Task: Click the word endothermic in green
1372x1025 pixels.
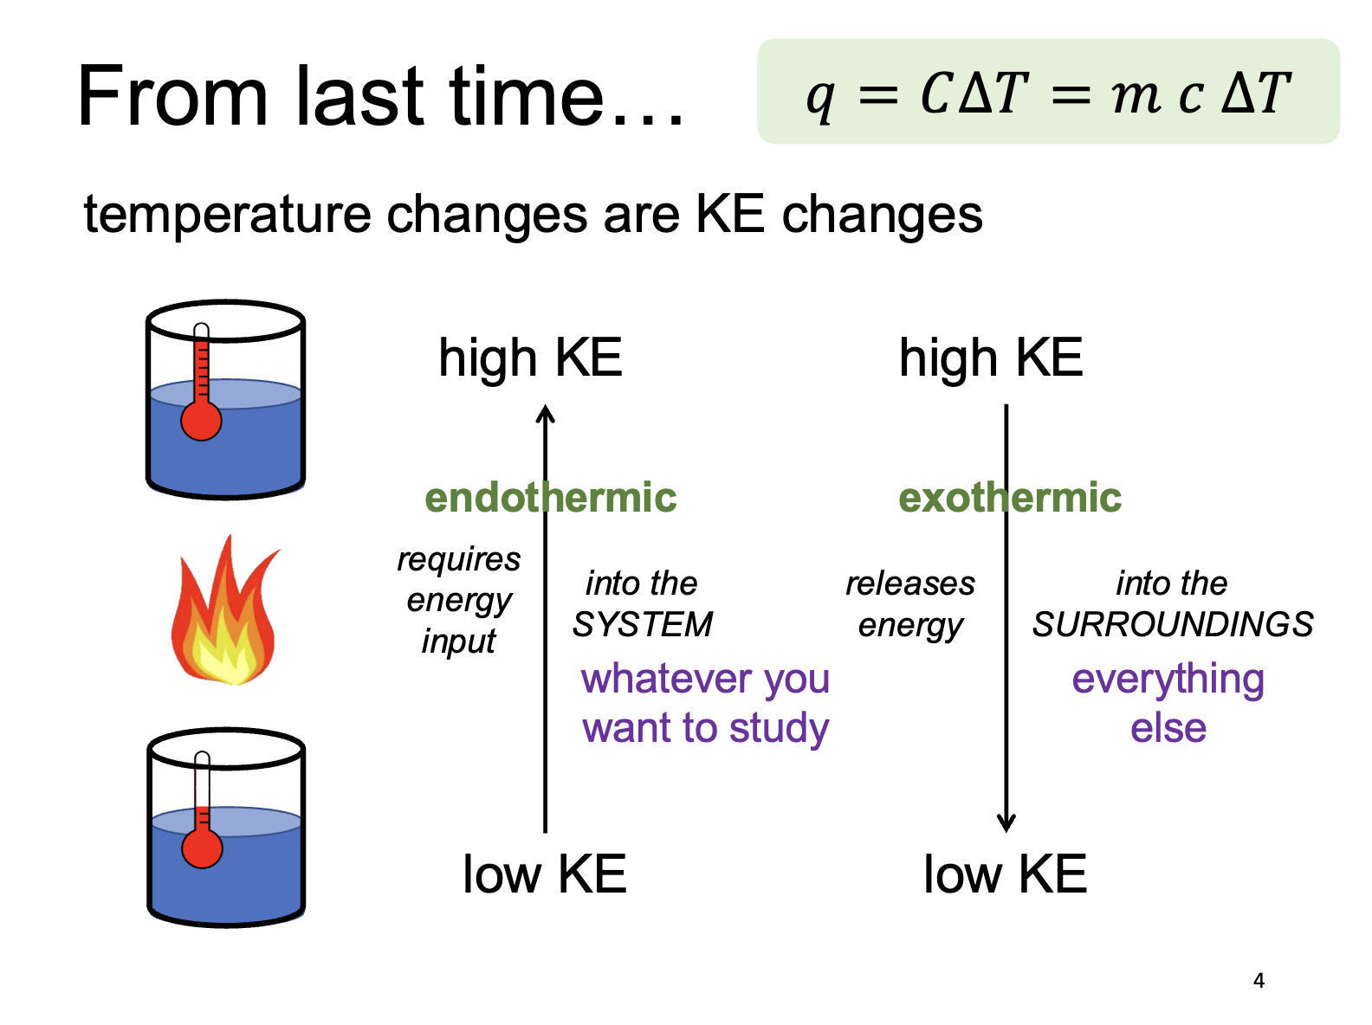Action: pyautogui.click(x=550, y=498)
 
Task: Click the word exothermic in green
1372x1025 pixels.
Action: pyautogui.click(x=1009, y=498)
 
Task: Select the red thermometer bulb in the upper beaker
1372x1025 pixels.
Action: pyautogui.click(x=201, y=422)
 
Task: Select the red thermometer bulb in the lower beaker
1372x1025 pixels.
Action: pyautogui.click(x=202, y=848)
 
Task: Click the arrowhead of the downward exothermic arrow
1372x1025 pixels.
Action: pyautogui.click(x=1006, y=822)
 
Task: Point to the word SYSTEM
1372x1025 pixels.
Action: pyautogui.click(x=642, y=624)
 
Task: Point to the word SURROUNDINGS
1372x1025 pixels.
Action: pyautogui.click(x=1173, y=624)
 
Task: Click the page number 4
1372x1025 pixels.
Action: pyautogui.click(x=1259, y=981)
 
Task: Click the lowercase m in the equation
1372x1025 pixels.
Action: pyautogui.click(x=1135, y=95)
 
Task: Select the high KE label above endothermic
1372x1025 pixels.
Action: pyautogui.click(x=530, y=358)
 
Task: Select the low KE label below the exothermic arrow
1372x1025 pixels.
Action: pyautogui.click(x=1005, y=874)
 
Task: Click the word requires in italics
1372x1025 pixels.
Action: pyautogui.click(x=458, y=560)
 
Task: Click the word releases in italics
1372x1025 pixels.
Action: pyautogui.click(x=909, y=583)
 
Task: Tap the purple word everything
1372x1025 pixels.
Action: pyautogui.click(x=1168, y=680)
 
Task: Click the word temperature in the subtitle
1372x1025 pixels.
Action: pyautogui.click(x=227, y=215)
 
